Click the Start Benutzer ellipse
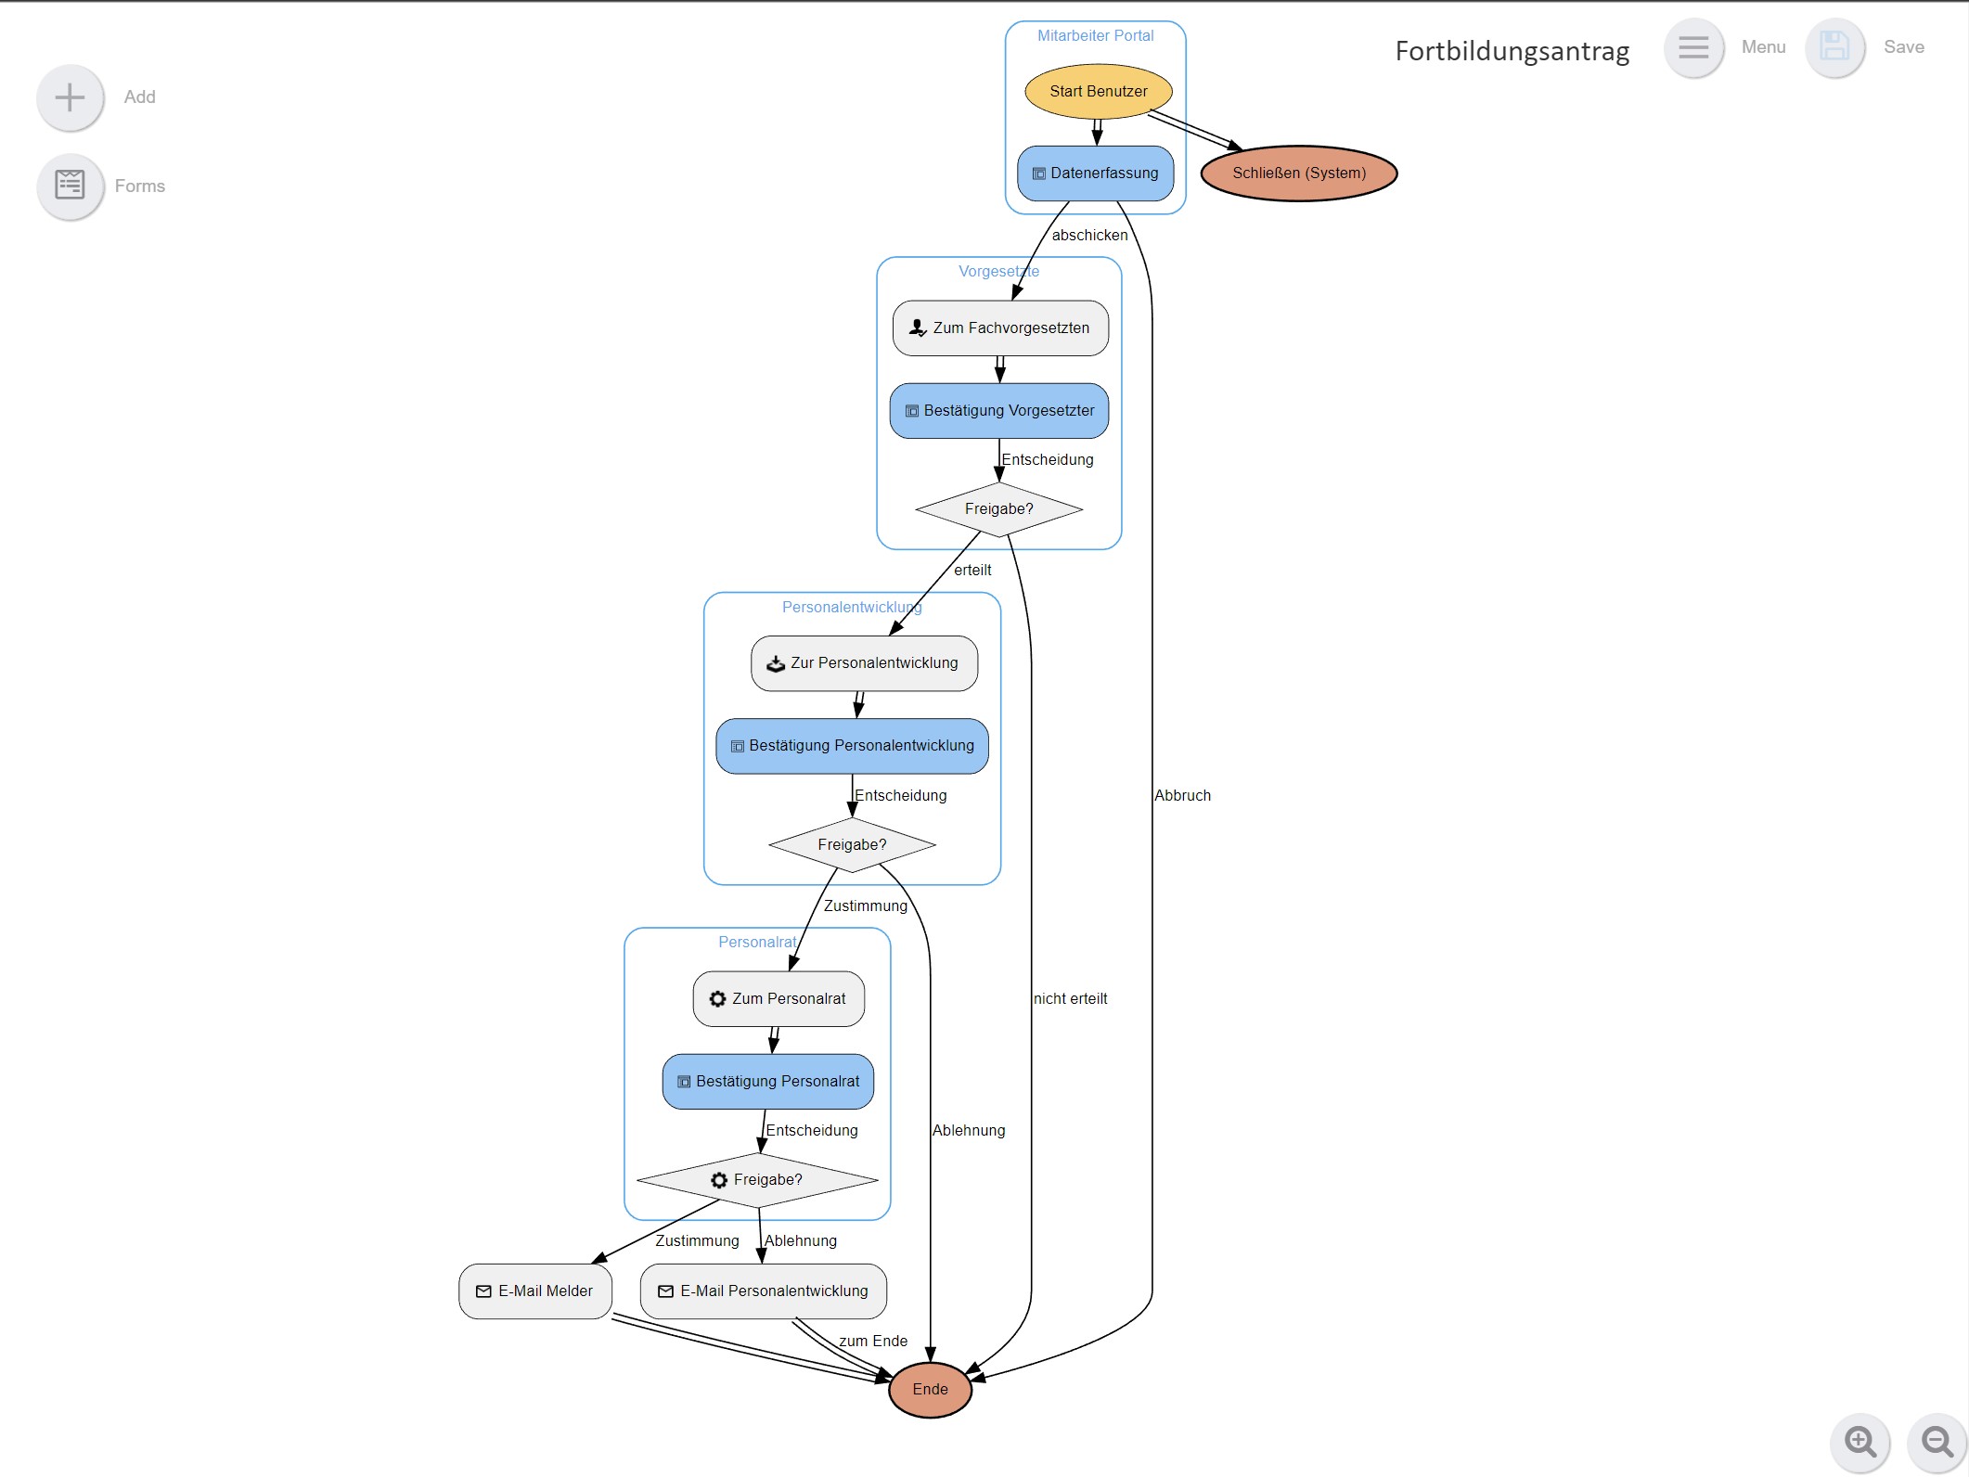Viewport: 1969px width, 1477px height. point(1098,91)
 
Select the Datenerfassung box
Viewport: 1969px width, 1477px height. point(1095,173)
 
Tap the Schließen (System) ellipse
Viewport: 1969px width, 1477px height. point(1298,173)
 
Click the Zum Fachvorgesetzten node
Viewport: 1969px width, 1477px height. point(1000,328)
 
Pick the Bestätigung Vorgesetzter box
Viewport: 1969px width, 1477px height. point(999,411)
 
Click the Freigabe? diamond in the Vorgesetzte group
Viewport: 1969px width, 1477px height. point(998,509)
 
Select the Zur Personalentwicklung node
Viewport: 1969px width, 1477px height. point(864,663)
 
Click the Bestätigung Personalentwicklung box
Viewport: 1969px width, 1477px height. point(852,746)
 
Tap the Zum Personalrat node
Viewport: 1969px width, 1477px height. point(779,999)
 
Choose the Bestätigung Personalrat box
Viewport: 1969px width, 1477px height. point(768,1082)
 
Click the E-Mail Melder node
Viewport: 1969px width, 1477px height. point(535,1291)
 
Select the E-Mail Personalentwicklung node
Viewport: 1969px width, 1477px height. point(764,1291)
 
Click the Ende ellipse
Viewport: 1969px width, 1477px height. point(930,1390)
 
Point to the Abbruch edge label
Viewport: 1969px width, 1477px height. point(1182,796)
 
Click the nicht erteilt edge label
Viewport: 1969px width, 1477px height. point(1070,999)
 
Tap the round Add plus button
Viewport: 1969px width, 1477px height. point(71,97)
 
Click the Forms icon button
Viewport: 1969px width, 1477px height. point(71,186)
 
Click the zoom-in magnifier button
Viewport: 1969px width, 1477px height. point(1860,1442)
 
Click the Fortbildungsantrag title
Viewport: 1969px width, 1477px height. point(1512,51)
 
